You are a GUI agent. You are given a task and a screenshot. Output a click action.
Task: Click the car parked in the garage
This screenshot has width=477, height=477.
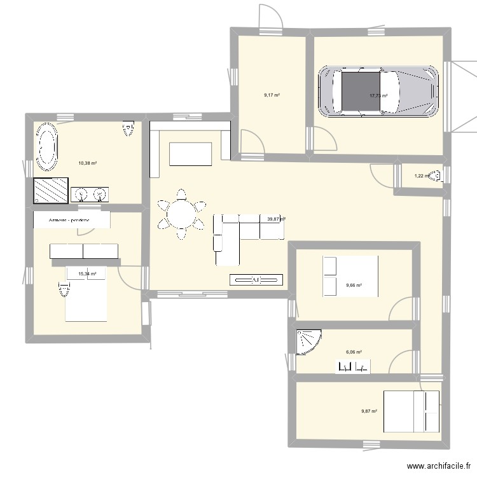(x=379, y=92)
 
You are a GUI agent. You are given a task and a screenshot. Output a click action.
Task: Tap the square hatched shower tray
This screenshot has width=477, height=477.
(x=50, y=190)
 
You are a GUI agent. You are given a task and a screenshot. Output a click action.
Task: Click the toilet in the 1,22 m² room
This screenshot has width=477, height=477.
(x=436, y=176)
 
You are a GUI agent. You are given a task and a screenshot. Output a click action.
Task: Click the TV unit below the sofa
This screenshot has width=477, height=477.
(x=256, y=279)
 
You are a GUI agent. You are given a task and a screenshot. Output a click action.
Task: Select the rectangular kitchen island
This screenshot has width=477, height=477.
(x=190, y=153)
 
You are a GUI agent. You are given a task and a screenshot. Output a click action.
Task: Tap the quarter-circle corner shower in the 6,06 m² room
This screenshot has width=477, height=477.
(x=307, y=340)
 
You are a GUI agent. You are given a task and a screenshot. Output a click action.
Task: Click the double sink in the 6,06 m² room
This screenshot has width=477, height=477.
(x=354, y=366)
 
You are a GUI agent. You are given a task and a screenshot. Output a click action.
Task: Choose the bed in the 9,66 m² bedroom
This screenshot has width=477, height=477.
(x=350, y=275)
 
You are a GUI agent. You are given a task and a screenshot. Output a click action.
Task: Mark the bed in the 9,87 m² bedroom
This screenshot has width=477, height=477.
(x=411, y=411)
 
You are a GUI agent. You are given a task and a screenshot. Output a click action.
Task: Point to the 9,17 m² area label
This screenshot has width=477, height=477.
(x=272, y=95)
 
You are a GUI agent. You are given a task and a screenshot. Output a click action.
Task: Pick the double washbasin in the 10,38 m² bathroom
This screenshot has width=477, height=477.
(x=89, y=194)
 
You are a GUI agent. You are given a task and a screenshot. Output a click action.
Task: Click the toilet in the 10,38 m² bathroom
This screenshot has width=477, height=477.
(x=129, y=129)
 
